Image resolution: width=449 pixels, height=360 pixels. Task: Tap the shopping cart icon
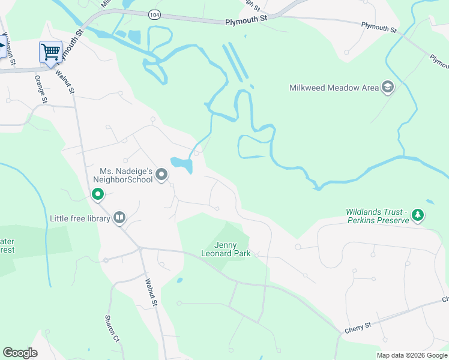(50, 51)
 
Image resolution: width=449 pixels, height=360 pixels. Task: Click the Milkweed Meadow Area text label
(334, 88)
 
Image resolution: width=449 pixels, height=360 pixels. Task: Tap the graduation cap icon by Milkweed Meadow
(388, 88)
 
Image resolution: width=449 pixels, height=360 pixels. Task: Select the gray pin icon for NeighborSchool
(161, 175)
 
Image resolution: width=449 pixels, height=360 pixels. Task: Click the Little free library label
(80, 218)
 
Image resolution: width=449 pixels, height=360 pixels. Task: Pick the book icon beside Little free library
(119, 218)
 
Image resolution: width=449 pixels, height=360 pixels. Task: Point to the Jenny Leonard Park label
(226, 249)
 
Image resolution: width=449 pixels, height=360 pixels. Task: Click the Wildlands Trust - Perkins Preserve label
(377, 216)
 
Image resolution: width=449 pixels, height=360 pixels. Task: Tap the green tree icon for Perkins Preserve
(418, 215)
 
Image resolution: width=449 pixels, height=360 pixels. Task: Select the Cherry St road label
(358, 327)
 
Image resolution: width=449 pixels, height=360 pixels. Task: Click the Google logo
(20, 353)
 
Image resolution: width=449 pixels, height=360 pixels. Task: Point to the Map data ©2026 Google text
(411, 355)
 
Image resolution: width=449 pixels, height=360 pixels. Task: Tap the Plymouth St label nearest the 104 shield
(246, 20)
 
